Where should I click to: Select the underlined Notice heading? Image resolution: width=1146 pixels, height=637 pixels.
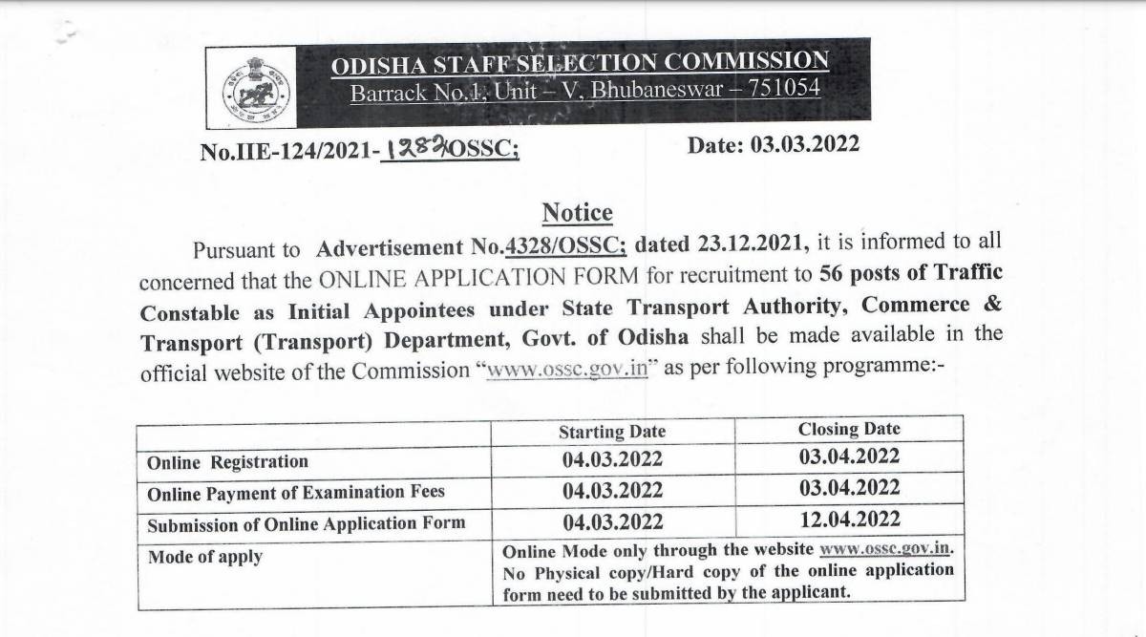pos(577,213)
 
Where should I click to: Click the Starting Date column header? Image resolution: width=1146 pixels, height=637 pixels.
pos(612,432)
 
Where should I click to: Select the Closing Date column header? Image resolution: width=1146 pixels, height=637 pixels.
pos(849,430)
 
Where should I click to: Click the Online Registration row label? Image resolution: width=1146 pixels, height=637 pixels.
pos(227,462)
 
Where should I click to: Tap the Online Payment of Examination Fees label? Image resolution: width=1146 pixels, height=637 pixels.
pos(295,493)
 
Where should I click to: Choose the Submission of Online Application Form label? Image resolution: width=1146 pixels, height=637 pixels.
pos(306,523)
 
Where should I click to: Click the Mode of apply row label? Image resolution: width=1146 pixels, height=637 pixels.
pos(204,556)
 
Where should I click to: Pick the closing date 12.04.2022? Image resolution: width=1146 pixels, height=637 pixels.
pos(849,520)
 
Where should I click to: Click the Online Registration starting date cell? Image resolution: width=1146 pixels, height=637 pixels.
pos(612,460)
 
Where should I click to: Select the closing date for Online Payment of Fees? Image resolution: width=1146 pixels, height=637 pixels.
pos(849,488)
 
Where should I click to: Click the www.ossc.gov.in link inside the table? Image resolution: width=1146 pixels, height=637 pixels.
pos(883,551)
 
